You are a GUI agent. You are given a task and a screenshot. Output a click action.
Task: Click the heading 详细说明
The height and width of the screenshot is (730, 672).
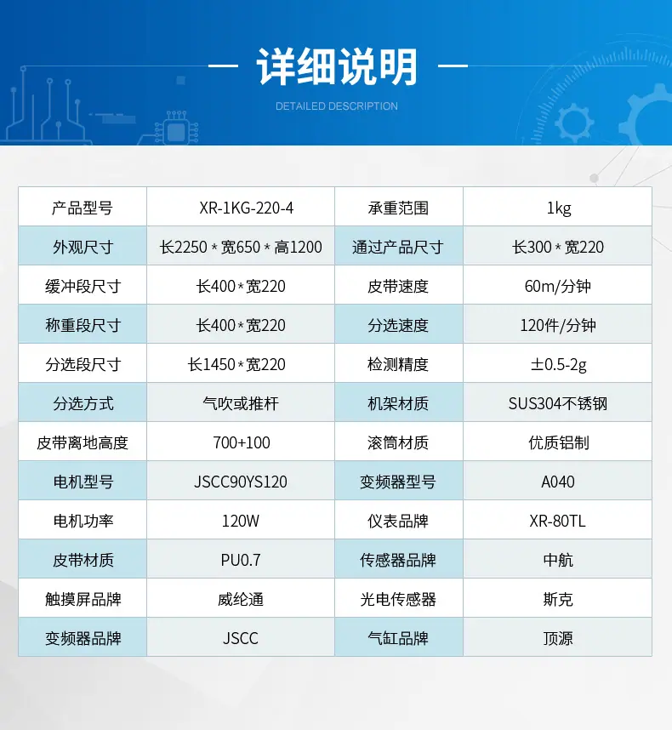click(337, 67)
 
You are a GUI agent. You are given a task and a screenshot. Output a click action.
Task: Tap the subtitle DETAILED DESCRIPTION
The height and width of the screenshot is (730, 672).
click(337, 106)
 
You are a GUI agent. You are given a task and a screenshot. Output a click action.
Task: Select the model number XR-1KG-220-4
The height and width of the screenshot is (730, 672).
click(246, 208)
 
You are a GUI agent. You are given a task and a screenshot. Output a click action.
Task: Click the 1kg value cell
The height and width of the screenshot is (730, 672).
click(559, 208)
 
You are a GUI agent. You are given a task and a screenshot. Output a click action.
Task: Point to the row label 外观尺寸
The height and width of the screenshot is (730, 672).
click(83, 248)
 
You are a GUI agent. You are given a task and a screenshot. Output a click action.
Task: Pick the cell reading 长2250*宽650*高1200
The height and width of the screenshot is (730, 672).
click(241, 248)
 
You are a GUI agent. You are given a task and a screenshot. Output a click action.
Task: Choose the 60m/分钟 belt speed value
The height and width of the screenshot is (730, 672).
click(557, 287)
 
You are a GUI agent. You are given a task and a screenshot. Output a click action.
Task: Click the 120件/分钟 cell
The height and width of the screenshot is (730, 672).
click(557, 325)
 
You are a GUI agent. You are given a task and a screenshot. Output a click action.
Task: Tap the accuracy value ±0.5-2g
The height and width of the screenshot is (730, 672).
click(558, 364)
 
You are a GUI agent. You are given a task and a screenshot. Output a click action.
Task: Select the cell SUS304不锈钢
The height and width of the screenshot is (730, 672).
click(557, 403)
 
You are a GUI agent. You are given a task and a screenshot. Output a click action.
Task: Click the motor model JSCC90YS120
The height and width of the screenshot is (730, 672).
click(241, 482)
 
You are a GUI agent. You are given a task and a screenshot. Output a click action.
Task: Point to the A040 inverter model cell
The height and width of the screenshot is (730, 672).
click(557, 482)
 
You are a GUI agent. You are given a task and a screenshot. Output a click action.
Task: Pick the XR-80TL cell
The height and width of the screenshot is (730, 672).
click(557, 521)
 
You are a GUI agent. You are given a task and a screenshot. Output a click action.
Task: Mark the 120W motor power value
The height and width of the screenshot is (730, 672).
click(241, 521)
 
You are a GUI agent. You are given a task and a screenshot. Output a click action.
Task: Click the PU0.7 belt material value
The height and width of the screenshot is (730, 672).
click(241, 560)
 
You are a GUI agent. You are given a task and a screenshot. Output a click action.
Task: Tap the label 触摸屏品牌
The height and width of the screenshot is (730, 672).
click(83, 599)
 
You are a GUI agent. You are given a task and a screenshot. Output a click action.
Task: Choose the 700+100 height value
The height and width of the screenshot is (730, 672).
click(242, 442)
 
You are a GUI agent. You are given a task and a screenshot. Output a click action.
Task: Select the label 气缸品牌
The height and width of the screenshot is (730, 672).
click(398, 638)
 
